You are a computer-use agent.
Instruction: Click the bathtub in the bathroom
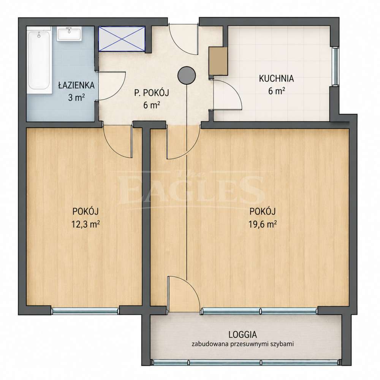(39, 60)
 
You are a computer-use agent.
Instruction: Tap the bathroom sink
(69, 34)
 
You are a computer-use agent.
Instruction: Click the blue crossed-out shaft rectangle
(122, 39)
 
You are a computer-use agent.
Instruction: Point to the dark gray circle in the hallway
(187, 76)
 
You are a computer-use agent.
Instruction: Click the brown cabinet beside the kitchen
(218, 61)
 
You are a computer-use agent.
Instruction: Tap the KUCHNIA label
(276, 79)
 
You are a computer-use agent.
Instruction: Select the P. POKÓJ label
(152, 93)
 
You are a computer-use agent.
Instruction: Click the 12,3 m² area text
(86, 225)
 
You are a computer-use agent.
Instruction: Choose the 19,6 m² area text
(263, 225)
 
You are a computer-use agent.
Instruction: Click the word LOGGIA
(242, 335)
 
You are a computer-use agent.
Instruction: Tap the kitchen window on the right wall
(336, 66)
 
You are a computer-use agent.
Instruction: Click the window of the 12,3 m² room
(85, 310)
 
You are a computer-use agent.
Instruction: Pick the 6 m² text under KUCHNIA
(276, 91)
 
